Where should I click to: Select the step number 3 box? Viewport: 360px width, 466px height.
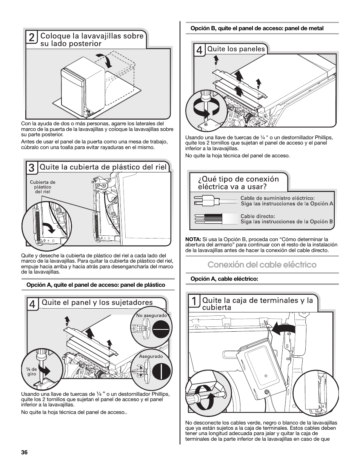(x=32, y=167)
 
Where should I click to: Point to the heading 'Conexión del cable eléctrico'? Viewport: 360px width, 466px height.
(x=262, y=265)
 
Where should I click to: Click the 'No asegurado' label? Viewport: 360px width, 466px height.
(x=151, y=315)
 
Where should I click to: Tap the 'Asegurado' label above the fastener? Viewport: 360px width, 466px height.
(x=151, y=356)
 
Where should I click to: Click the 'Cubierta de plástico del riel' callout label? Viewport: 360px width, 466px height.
(x=42, y=187)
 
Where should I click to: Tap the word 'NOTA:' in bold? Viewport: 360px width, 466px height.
(x=193, y=239)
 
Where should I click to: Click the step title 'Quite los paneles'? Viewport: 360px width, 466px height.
(x=236, y=49)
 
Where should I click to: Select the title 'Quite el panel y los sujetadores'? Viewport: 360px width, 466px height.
(x=97, y=302)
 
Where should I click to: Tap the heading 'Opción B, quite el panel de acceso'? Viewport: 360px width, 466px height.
(x=257, y=28)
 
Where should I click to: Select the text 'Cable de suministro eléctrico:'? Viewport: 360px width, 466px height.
(x=277, y=198)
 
